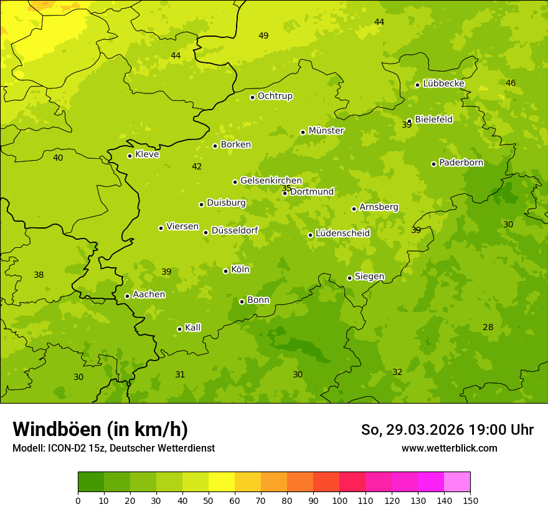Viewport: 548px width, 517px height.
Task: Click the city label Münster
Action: [326, 131]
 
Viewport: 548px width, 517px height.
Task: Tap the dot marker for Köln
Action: [225, 271]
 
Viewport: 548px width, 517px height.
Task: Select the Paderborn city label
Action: [461, 163]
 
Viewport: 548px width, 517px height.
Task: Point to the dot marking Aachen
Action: [127, 296]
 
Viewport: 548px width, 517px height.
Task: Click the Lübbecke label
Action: [443, 83]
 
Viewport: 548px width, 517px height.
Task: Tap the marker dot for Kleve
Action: [130, 156]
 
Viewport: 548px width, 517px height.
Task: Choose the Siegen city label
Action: [369, 277]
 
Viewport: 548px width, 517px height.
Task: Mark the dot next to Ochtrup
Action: [252, 97]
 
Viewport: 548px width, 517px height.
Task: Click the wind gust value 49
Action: [263, 36]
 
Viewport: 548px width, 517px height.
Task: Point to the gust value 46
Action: [511, 83]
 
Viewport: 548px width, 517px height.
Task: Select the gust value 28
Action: [488, 327]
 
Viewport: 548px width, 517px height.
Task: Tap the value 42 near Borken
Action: [197, 166]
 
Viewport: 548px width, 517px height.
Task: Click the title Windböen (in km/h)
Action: [100, 429]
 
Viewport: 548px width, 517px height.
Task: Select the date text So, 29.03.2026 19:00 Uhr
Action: [447, 430]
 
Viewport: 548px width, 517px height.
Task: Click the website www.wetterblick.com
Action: [449, 448]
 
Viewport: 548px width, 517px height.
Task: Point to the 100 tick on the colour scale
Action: [339, 500]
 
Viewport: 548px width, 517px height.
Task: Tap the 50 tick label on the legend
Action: [209, 500]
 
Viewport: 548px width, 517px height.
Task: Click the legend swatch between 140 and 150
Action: [457, 482]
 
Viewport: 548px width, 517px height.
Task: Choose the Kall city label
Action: [193, 328]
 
